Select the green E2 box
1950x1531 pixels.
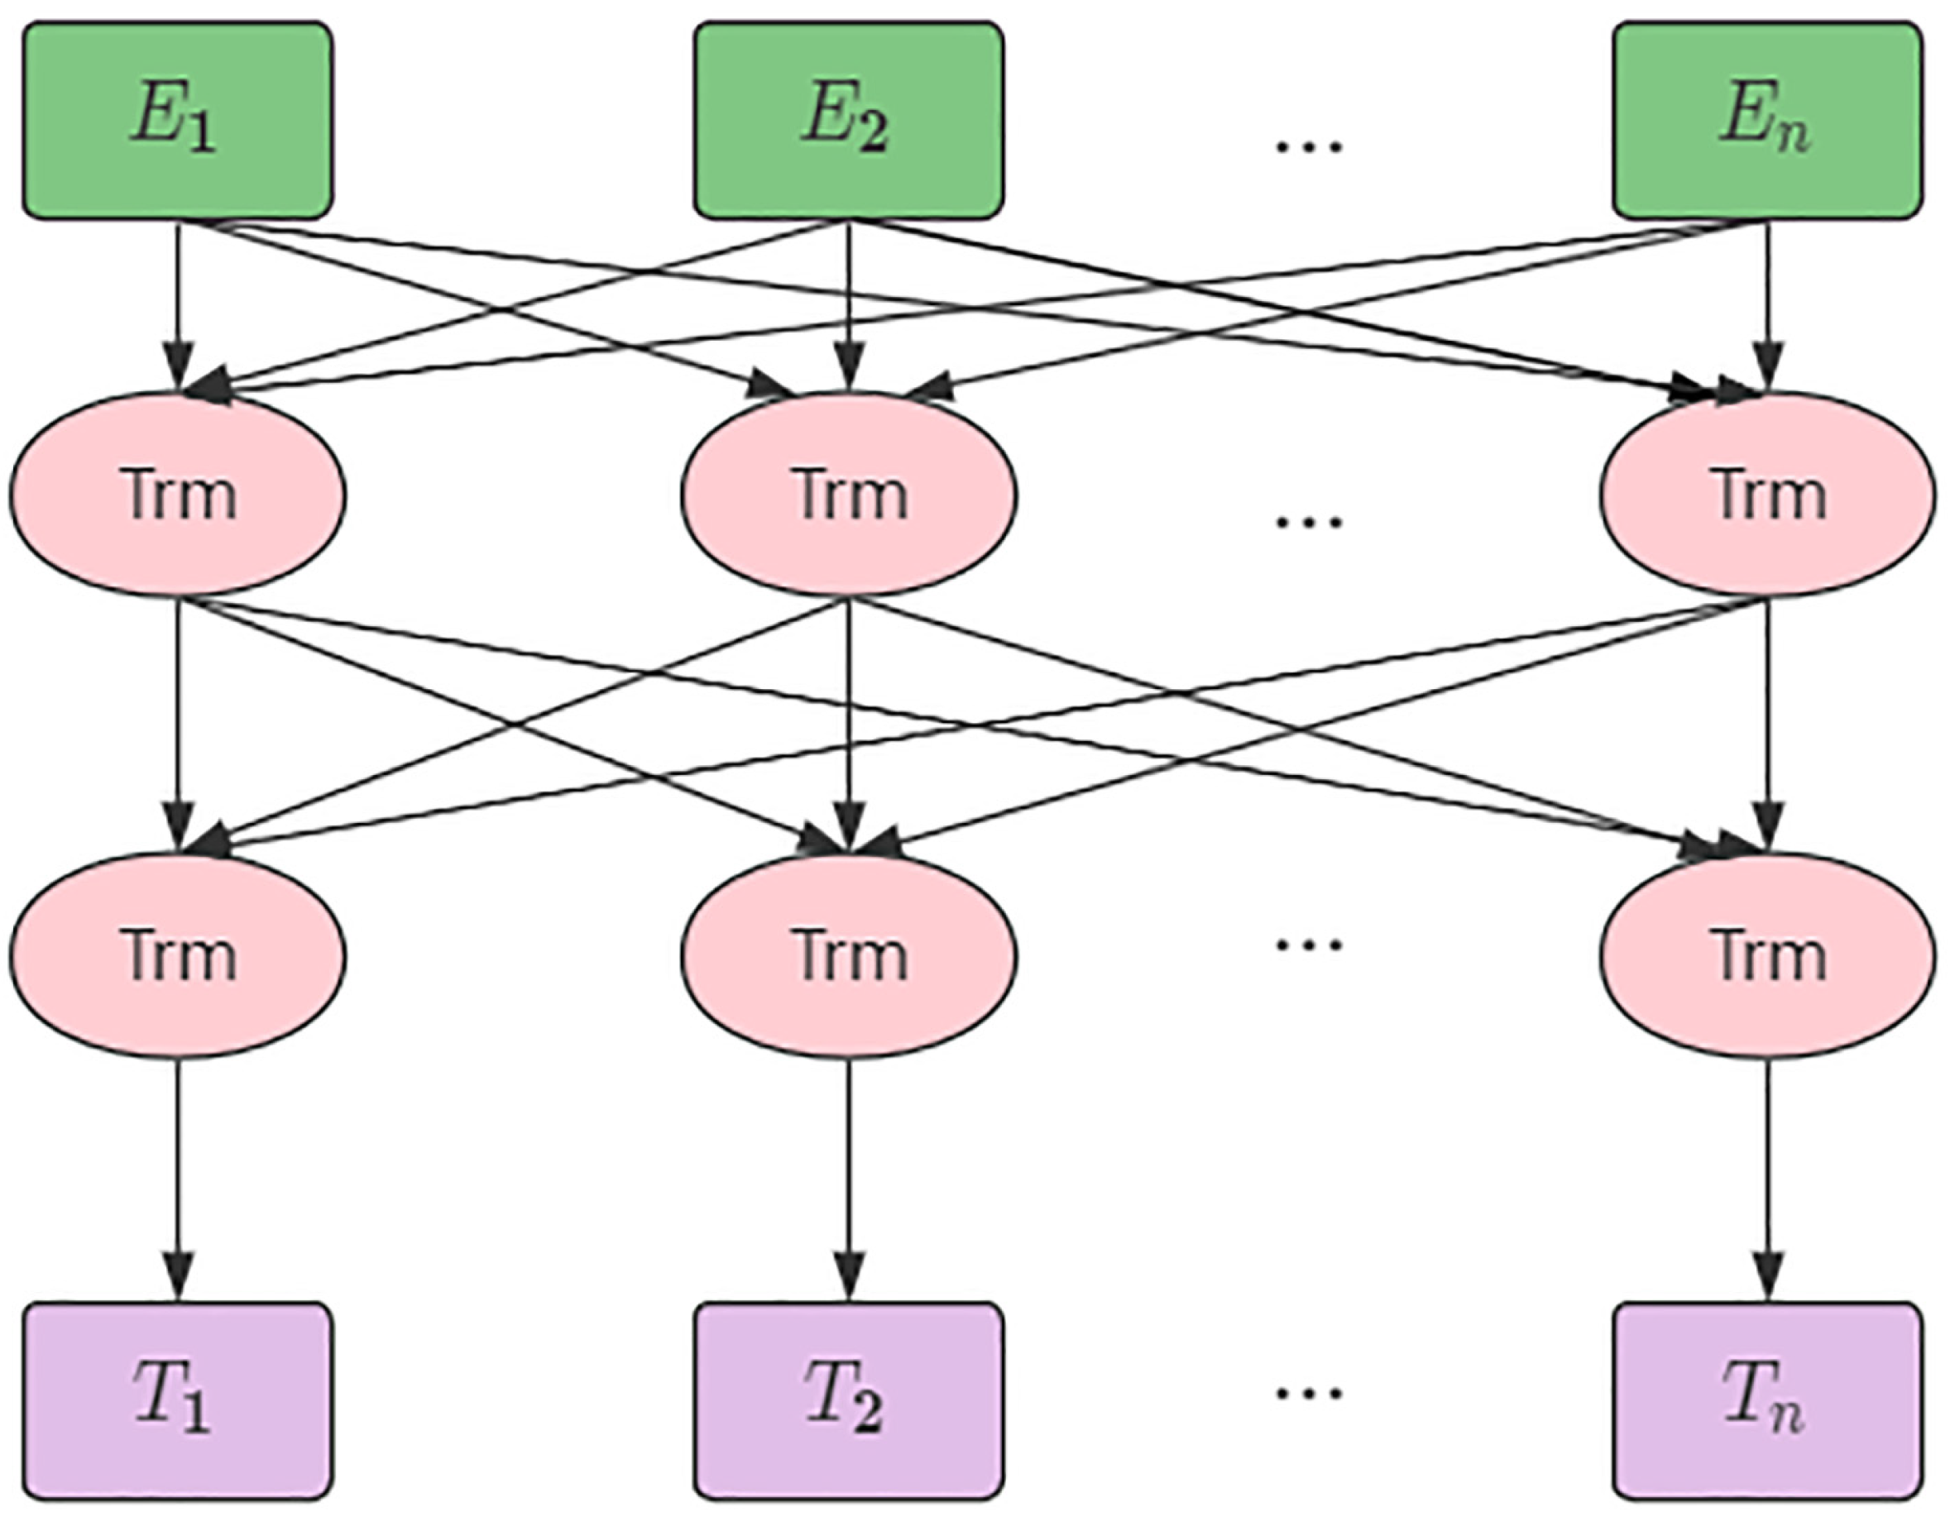(848, 120)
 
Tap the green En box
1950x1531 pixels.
(1766, 120)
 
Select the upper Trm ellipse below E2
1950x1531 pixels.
(848, 495)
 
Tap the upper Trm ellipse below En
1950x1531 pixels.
(1766, 495)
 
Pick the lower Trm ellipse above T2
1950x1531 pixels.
(848, 955)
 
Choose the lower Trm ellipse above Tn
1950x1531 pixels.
(1766, 955)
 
